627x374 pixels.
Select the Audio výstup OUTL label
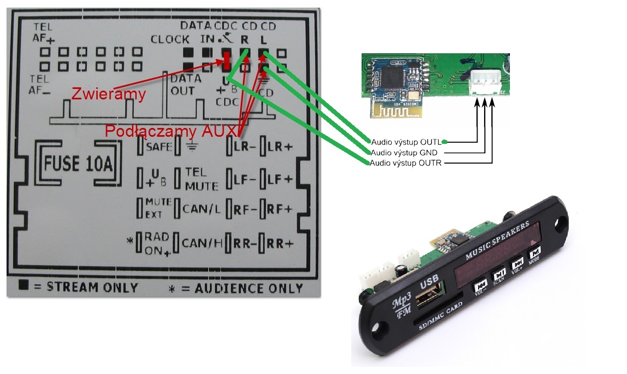coord(407,141)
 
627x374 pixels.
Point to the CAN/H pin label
coord(202,243)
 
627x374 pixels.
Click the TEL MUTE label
coord(201,178)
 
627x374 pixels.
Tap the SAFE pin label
coord(160,147)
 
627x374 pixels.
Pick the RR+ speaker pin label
coord(280,243)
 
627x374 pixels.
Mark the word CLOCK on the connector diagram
coord(170,40)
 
